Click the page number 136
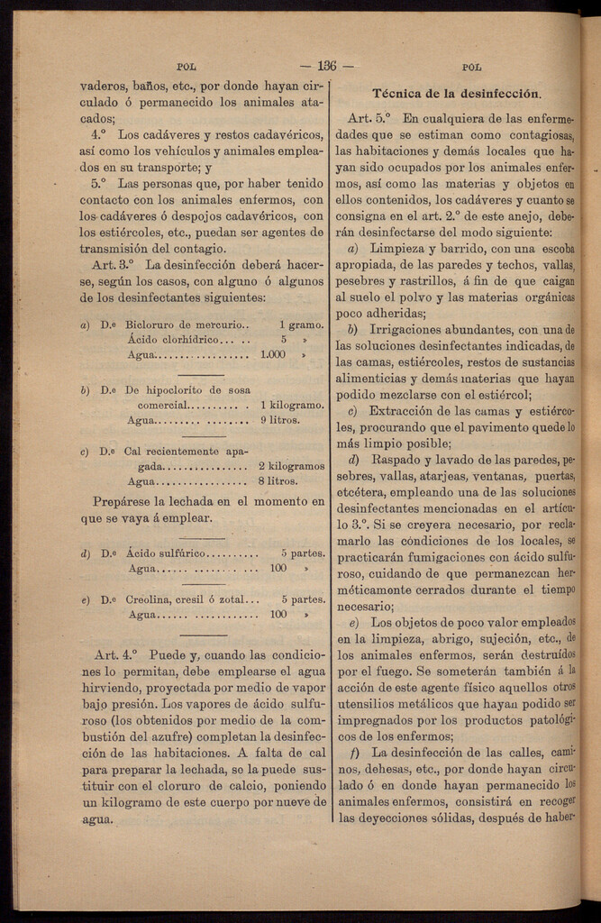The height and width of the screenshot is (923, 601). coord(326,66)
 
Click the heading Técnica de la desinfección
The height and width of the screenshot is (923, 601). coord(457,93)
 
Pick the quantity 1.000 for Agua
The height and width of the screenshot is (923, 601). coord(272,355)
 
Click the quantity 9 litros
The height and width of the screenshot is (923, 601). coord(279,420)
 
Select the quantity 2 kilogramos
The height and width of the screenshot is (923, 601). coord(291,466)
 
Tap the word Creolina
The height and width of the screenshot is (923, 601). coord(148,599)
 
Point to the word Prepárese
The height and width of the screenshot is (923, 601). coord(125,501)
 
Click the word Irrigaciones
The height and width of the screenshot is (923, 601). coord(411,329)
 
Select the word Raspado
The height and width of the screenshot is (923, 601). coord(397,460)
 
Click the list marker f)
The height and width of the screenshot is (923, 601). coord(355,753)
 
